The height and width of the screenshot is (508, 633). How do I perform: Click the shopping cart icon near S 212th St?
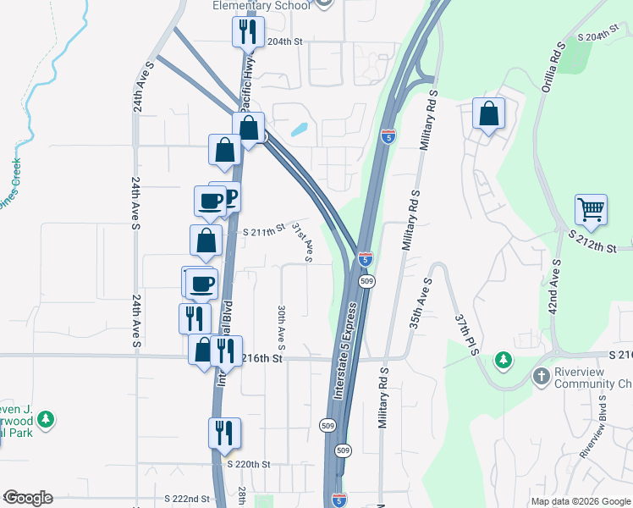pyautogui.click(x=591, y=208)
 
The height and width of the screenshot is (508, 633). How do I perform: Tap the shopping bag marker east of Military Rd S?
pyautogui.click(x=489, y=113)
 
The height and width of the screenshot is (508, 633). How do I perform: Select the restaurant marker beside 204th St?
pyautogui.click(x=248, y=32)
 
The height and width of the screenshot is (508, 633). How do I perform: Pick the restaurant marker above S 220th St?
pyautogui.click(x=224, y=433)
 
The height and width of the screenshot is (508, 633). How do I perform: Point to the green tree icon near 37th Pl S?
pyautogui.click(x=504, y=361)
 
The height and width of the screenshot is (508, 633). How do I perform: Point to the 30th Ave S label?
pyautogui.click(x=281, y=328)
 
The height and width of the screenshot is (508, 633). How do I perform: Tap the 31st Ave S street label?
pyautogui.click(x=303, y=243)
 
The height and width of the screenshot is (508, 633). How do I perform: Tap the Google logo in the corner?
pyautogui.click(x=28, y=498)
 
